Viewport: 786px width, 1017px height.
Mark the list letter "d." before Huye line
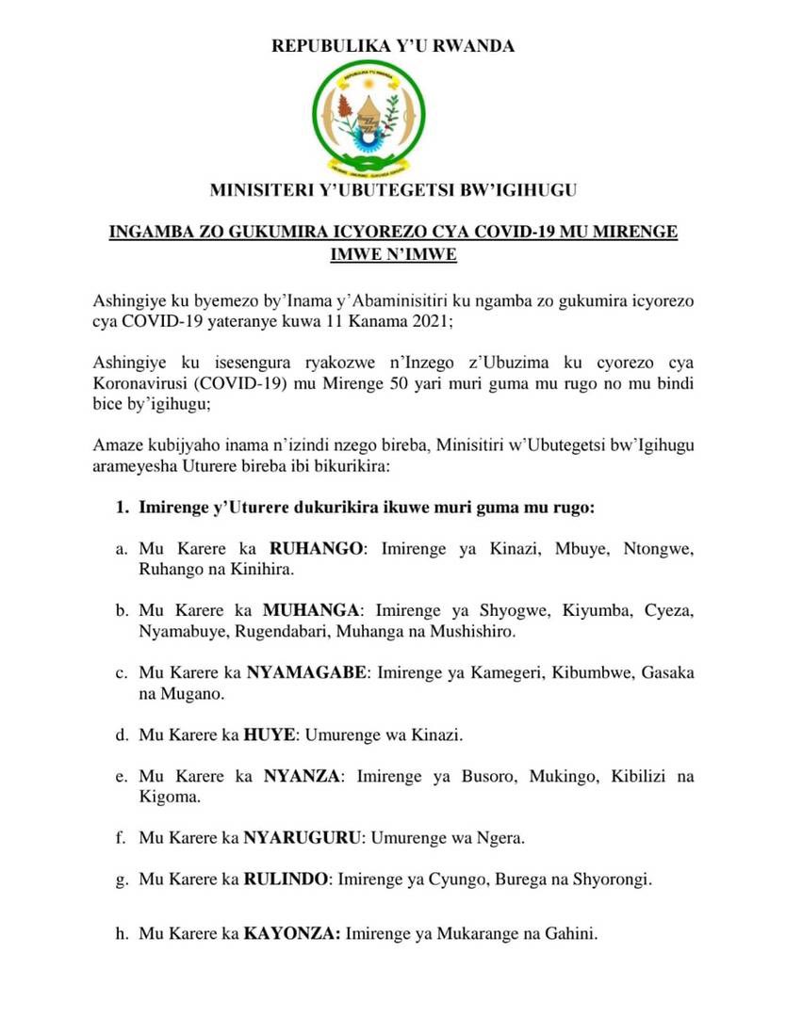(122, 734)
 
